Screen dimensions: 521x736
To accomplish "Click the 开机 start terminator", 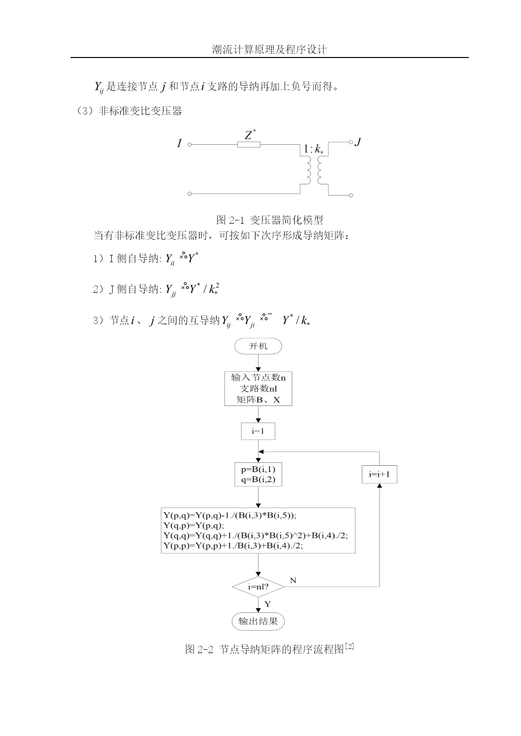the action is pos(258,346).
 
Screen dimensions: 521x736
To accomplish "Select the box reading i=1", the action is pos(258,431).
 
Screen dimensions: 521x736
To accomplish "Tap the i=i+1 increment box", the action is pos(379,474).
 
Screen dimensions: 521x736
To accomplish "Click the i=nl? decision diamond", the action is pos(258,586).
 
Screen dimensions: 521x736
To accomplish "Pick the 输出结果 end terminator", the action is pos(258,621).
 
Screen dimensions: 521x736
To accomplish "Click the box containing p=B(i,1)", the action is pos(258,474).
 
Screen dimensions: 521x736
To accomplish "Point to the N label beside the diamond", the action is pos(293,581).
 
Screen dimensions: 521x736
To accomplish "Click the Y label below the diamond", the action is pos(268,604).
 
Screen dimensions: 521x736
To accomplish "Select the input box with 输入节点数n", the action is pos(258,389).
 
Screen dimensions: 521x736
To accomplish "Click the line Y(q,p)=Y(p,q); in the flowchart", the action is pos(194,525).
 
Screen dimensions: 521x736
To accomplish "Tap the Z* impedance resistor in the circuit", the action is pos(248,144).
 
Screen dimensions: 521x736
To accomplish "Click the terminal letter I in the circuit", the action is pos(179,143).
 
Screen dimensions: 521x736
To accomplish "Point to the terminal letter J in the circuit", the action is pos(358,142).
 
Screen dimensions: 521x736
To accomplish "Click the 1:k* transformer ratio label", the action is pos(313,149).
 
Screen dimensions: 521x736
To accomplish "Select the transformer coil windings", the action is pos(314,170).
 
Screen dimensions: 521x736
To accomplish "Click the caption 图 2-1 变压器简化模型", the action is pos(269,220).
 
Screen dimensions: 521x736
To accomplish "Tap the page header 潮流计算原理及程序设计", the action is pos(269,50).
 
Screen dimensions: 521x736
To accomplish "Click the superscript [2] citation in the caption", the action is pos(349,646).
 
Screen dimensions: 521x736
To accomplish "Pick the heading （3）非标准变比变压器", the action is pos(129,111).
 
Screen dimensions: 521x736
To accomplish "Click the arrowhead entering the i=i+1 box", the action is pos(379,485).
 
